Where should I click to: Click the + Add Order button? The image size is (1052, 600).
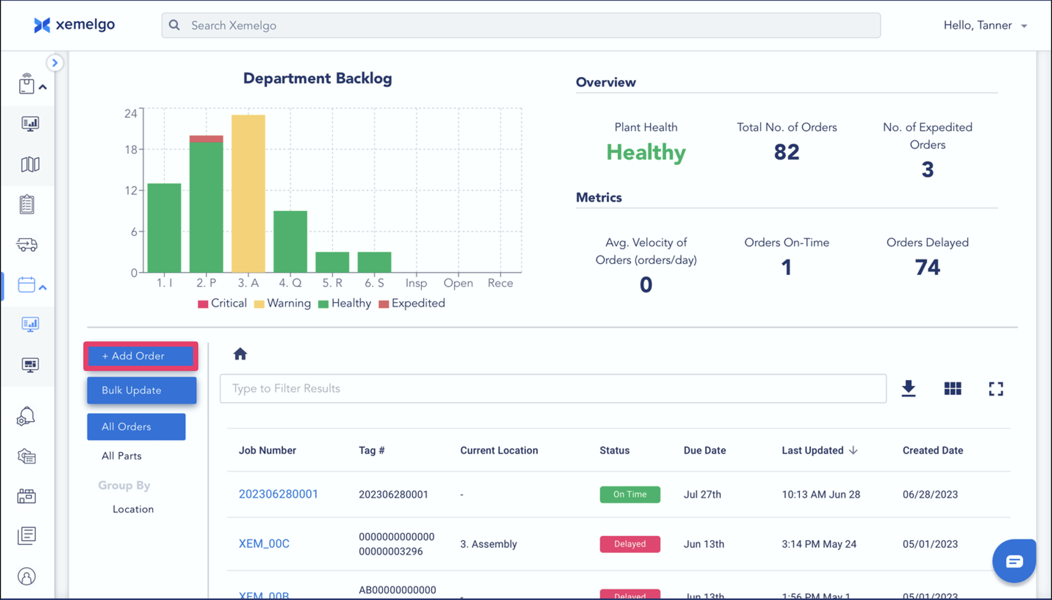pos(140,356)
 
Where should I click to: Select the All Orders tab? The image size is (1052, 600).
pos(136,426)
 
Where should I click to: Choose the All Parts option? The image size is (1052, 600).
pos(122,456)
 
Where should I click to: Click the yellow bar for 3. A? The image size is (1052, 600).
pos(248,193)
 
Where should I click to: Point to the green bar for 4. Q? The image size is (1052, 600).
pos(290,241)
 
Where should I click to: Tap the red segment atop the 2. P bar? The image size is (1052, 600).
pos(206,139)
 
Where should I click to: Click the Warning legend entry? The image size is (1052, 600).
pos(283,303)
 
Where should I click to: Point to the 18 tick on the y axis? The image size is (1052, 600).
pos(130,150)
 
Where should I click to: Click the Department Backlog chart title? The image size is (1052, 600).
pos(317,78)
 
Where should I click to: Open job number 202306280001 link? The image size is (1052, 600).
pos(278,494)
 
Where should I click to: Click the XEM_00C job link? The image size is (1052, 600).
pos(264,544)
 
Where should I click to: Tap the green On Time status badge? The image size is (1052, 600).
pos(630,494)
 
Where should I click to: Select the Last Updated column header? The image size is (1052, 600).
pos(812,450)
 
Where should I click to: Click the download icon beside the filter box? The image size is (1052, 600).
pos(909,389)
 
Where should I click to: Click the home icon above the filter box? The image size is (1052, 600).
pos(240,354)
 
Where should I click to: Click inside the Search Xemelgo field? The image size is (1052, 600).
pos(520,25)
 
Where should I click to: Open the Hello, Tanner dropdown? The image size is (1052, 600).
pos(985,25)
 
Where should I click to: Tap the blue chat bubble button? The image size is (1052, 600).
pos(1014,561)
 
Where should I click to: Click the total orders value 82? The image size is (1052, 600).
pos(786,152)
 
